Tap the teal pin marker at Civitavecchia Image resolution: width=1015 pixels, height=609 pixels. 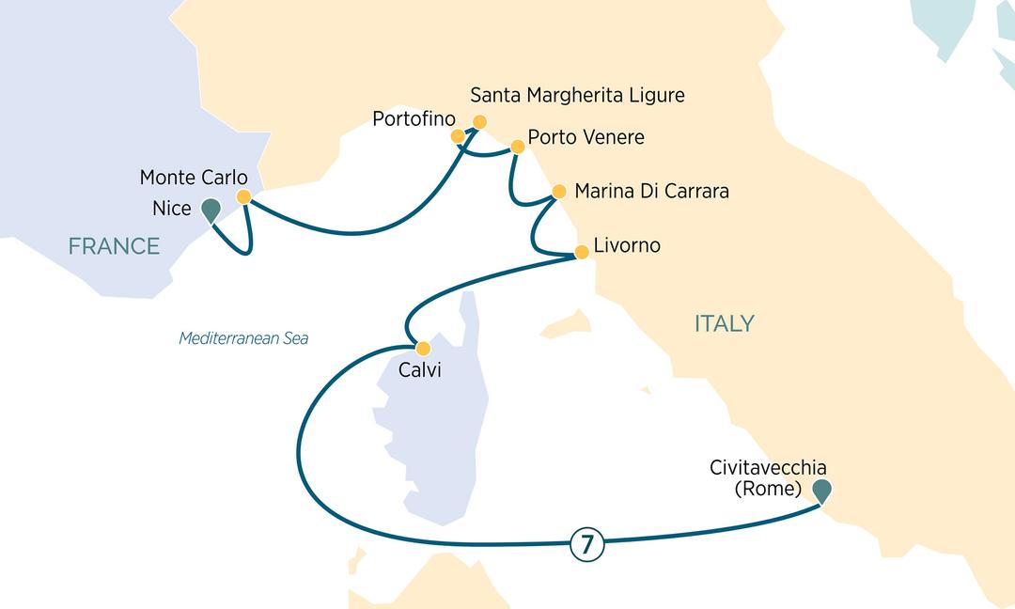pos(821,489)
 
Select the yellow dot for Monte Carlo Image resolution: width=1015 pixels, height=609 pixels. pos(243,197)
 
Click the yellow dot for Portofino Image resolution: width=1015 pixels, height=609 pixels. pos(459,136)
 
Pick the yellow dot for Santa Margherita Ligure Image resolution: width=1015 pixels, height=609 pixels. pos(479,121)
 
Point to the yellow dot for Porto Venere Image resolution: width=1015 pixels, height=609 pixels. pos(517,148)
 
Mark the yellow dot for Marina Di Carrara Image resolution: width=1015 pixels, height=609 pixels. pos(558,192)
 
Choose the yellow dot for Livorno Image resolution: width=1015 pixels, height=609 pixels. pos(581,251)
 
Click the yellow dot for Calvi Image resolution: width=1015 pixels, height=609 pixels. pos(424,348)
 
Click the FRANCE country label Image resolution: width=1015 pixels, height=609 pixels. pos(114,247)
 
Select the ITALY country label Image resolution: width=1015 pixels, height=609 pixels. pos(724,324)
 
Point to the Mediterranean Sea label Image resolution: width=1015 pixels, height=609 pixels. pos(243,338)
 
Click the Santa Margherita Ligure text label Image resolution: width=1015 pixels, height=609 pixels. pos(577,96)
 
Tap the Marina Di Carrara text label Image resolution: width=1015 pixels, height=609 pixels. pos(651,192)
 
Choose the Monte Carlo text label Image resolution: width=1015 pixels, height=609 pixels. pos(194,177)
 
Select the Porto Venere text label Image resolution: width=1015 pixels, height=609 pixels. pos(586,138)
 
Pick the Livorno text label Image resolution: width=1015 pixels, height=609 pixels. pos(628,246)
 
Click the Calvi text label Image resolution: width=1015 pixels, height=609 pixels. pos(419,371)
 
